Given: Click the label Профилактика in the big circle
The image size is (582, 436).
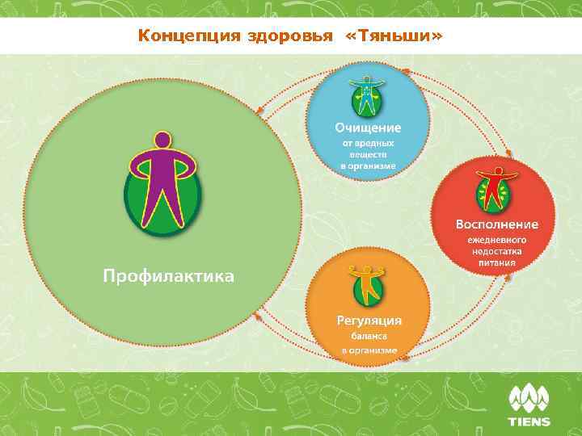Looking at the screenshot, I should [x=167, y=277].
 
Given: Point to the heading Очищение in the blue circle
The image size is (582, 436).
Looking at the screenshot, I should [x=368, y=128].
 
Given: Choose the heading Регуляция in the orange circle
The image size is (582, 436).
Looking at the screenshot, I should [x=369, y=320].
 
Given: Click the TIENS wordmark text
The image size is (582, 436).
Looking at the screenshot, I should [x=529, y=421].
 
